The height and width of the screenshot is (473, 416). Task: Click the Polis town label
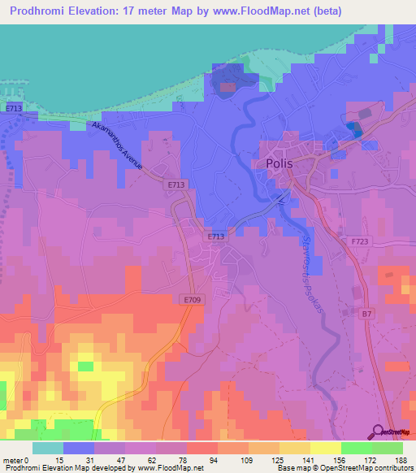tap(279, 163)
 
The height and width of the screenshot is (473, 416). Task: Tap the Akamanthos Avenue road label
tap(119, 145)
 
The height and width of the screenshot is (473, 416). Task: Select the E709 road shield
tap(191, 300)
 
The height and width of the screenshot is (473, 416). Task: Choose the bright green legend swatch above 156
tap(356, 448)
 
